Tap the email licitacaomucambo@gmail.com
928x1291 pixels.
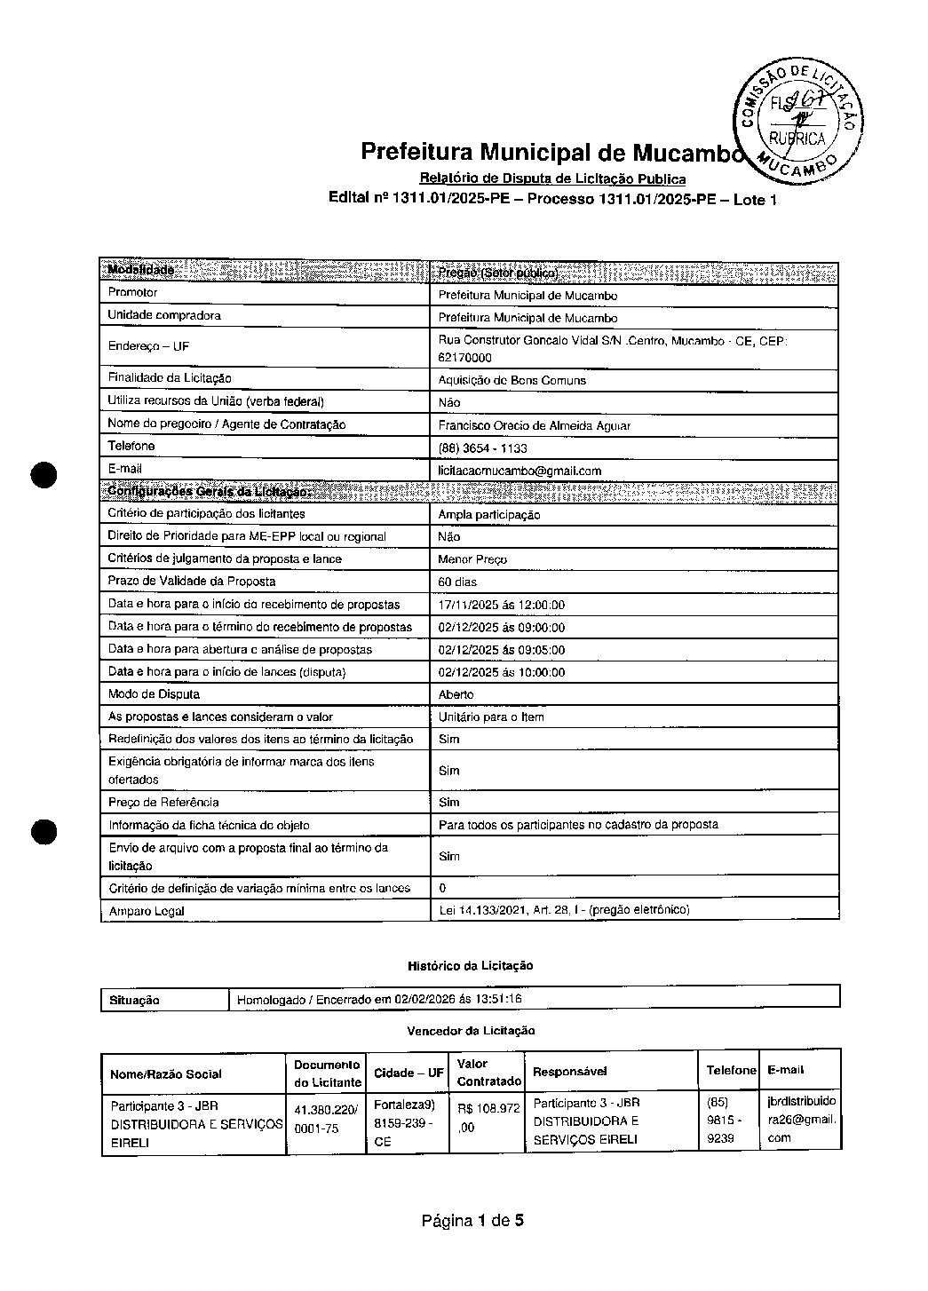click(520, 471)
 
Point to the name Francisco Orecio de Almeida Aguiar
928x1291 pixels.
click(534, 426)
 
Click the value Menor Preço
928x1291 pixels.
click(472, 559)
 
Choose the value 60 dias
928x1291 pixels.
click(457, 582)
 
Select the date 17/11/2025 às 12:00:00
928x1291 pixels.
click(501, 606)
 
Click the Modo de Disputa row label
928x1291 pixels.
click(154, 694)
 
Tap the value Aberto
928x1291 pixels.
click(456, 694)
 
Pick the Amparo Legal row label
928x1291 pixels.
click(146, 911)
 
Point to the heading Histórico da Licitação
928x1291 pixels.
click(470, 965)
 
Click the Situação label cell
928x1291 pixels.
click(134, 1001)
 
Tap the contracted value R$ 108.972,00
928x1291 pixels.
click(488, 1118)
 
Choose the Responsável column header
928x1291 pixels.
click(569, 1072)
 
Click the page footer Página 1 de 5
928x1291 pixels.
click(472, 1221)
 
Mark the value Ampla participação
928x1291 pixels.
click(488, 515)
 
